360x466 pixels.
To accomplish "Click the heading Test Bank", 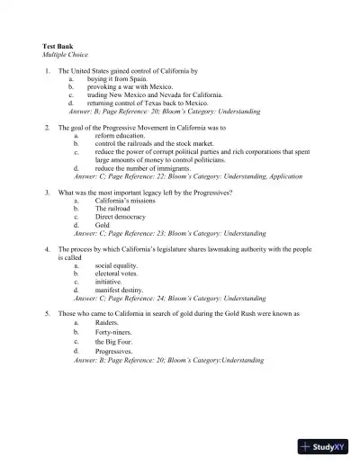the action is click(58, 45).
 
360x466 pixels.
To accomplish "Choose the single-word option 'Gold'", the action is click(103, 225).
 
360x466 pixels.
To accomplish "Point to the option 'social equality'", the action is click(117, 265).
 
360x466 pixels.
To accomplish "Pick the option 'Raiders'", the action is click(107, 321).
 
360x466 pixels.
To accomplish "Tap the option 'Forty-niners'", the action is click(114, 332).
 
